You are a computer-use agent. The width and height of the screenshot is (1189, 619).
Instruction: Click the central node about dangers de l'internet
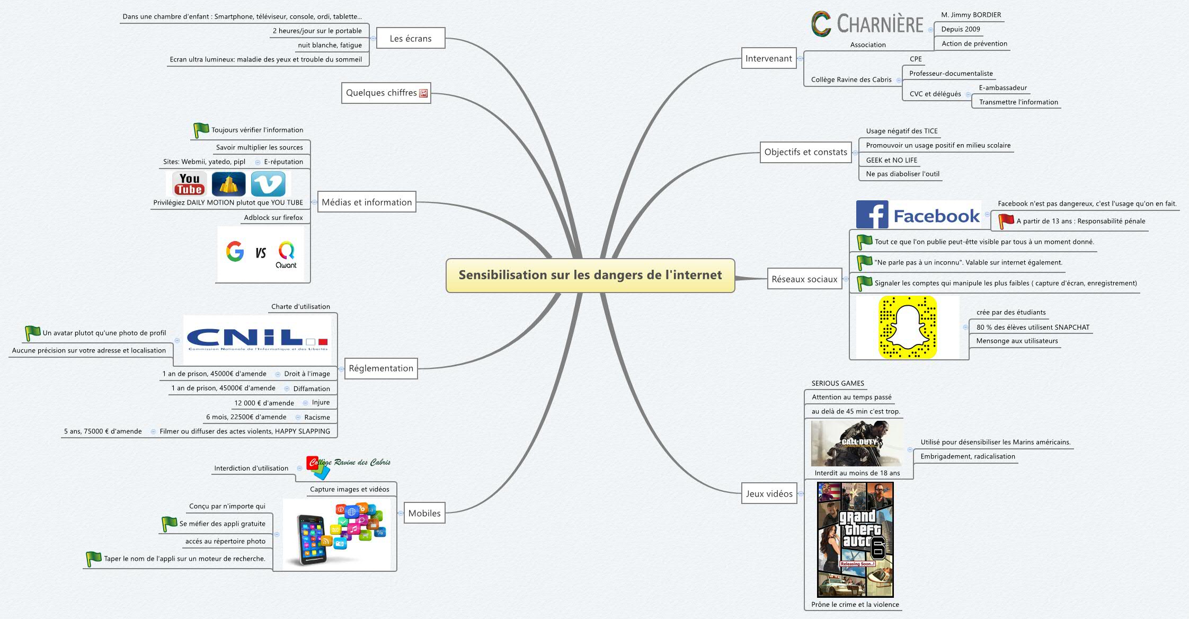[590, 275]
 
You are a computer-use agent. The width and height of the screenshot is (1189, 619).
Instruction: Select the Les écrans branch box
[411, 38]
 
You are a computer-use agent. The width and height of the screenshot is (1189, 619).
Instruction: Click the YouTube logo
[189, 184]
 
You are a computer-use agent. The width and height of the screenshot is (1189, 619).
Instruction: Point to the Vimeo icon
[268, 184]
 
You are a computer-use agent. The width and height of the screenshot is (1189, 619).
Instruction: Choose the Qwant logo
[286, 254]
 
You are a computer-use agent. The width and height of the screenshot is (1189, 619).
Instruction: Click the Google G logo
[235, 252]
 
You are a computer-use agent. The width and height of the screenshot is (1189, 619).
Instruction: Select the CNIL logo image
[258, 339]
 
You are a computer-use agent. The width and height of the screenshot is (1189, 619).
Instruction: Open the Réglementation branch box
[381, 368]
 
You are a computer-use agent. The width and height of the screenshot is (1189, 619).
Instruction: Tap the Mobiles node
[424, 513]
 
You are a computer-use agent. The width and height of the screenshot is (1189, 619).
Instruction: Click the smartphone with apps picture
[337, 534]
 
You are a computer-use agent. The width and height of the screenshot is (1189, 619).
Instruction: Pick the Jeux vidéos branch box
[769, 493]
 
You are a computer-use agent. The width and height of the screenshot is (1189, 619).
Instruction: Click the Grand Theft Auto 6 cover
[855, 540]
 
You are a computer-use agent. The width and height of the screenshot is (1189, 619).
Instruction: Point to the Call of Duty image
[856, 444]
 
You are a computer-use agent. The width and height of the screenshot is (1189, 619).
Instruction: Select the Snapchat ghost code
[908, 327]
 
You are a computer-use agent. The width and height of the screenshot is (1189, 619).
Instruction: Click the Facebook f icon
[872, 215]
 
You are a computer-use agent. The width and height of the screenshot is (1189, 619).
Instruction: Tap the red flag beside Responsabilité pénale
[1006, 220]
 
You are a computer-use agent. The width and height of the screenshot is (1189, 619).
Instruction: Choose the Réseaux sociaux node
[804, 279]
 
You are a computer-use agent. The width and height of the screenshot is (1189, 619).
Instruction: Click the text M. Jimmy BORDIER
[971, 15]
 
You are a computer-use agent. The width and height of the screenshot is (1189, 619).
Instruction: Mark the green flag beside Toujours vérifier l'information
[201, 129]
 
